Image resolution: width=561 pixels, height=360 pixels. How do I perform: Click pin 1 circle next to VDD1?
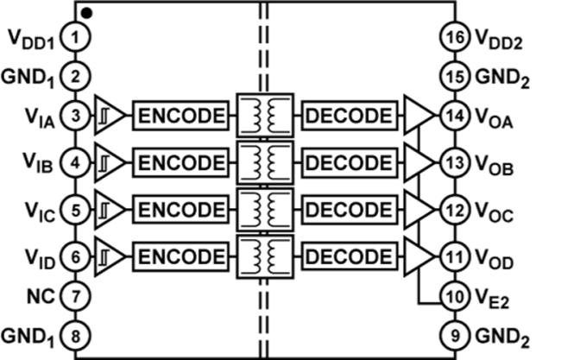75,37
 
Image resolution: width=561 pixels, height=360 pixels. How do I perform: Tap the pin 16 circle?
455,37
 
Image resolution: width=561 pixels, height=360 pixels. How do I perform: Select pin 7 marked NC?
75,296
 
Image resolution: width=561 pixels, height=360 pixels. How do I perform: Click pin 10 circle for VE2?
455,296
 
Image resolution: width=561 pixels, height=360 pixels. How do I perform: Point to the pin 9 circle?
455,332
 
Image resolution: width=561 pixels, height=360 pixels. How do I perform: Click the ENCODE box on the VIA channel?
181,115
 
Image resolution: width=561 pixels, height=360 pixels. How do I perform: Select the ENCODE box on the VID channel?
181,256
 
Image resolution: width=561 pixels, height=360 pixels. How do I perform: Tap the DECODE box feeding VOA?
349,115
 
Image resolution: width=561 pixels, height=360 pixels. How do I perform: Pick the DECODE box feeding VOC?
349,209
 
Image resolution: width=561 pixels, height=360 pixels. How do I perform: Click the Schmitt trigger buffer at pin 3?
108,115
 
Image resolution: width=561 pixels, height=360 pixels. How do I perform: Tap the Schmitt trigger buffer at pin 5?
108,209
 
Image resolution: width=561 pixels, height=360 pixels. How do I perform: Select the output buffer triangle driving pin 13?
419,161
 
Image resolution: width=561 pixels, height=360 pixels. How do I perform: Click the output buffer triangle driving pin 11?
419,256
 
